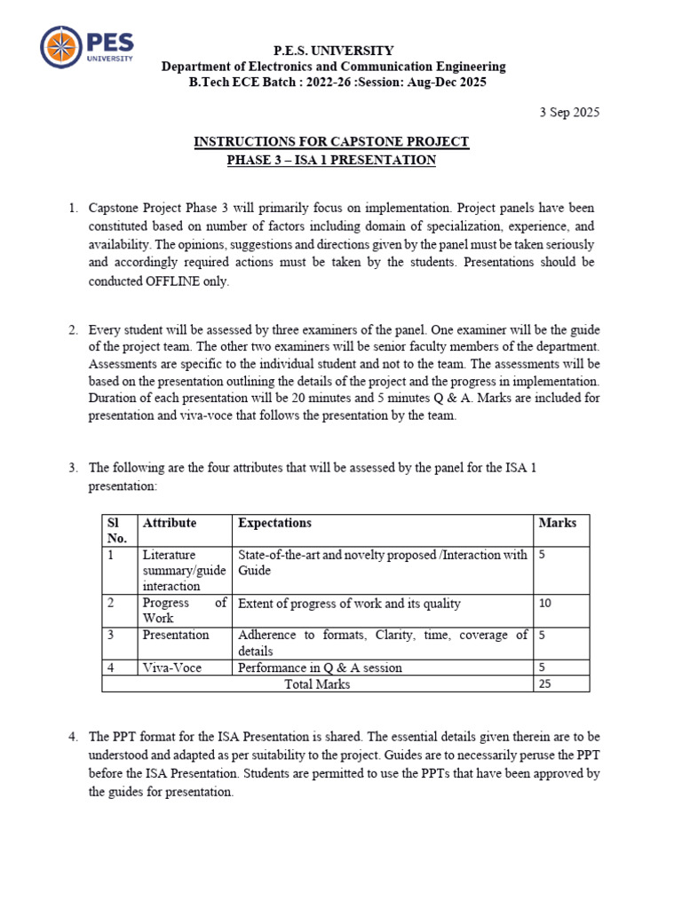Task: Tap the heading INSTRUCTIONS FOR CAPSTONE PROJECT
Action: [x=332, y=142]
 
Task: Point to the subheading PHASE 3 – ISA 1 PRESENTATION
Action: [x=332, y=160]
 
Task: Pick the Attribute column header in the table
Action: [x=169, y=523]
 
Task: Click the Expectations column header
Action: [x=274, y=523]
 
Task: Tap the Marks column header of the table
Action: [x=557, y=523]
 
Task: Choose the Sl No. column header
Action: [x=117, y=530]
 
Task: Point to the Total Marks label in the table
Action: [x=317, y=684]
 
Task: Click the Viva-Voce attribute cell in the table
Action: [x=171, y=668]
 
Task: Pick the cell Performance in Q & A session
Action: [x=320, y=668]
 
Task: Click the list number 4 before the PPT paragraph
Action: [x=74, y=737]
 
